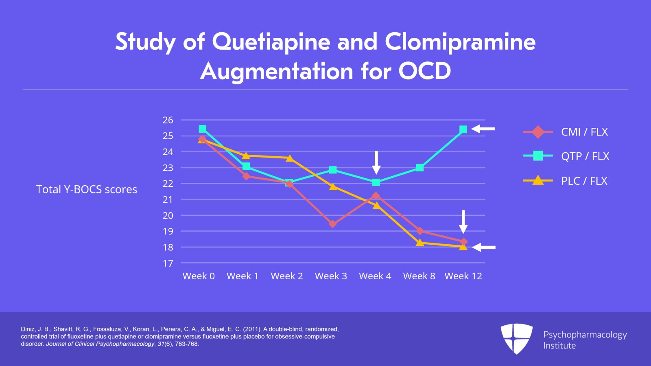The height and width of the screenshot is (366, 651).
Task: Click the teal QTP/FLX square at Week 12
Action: click(463, 129)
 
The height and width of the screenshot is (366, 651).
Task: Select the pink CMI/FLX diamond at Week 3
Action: click(333, 224)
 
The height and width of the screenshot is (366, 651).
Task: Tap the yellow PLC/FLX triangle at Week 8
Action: click(420, 243)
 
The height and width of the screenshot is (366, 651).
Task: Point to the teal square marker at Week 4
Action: click(376, 182)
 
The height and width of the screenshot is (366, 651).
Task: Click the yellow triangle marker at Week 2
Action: click(289, 158)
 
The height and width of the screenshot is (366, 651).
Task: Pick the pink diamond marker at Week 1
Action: click(246, 176)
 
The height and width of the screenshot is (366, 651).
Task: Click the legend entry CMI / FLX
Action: click(584, 132)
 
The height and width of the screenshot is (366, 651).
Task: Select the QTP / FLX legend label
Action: click(585, 156)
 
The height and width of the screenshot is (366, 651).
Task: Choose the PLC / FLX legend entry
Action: click(584, 181)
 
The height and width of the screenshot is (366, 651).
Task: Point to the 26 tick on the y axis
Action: click(168, 120)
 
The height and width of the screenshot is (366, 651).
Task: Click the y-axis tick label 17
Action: click(168, 263)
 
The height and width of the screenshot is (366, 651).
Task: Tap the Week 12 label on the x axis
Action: click(463, 276)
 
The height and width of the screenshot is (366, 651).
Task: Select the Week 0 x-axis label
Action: click(199, 276)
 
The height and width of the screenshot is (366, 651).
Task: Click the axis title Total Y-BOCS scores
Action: click(87, 189)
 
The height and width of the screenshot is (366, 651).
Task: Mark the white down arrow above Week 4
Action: click(376, 162)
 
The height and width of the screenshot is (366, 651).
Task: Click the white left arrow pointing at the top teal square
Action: click(483, 129)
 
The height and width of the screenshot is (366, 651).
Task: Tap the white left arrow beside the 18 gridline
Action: click(484, 247)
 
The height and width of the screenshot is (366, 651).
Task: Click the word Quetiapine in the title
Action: click(271, 42)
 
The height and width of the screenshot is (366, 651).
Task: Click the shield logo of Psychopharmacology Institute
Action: click(516, 338)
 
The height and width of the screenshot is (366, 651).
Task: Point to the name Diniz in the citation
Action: click(28, 329)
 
